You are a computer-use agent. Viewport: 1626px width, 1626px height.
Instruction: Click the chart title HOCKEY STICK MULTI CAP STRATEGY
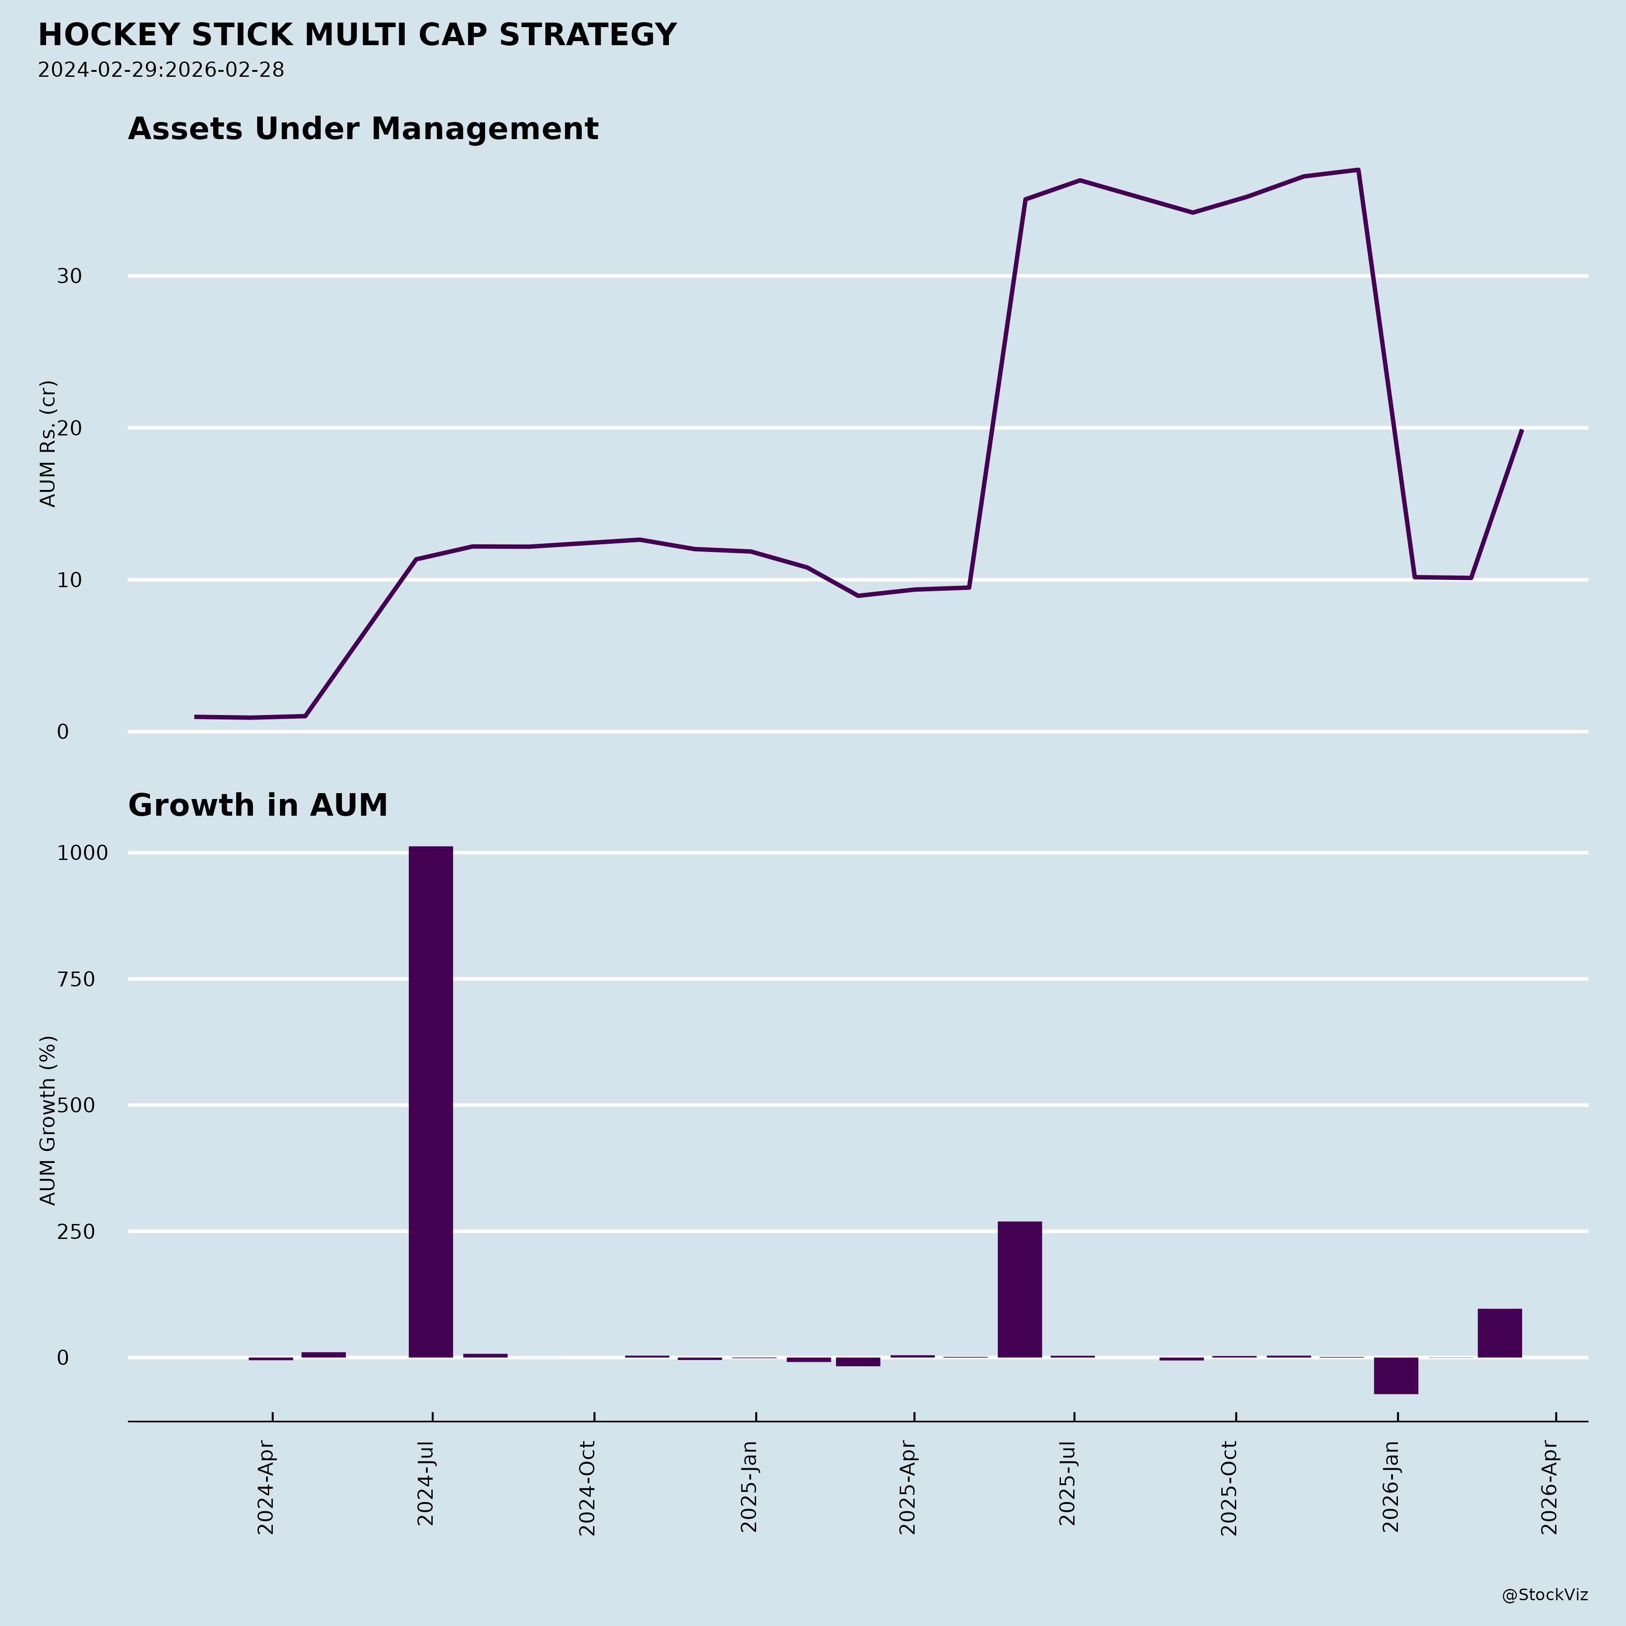357,35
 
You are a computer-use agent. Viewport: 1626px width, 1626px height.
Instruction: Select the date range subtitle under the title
161,70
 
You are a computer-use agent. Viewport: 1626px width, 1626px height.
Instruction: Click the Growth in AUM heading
257,805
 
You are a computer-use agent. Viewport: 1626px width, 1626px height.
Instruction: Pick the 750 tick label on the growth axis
76,980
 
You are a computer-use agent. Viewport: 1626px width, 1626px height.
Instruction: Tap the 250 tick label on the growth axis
76,1232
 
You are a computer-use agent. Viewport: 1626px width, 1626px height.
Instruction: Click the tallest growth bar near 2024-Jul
431,1103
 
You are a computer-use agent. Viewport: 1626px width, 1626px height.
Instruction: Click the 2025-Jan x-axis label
749,1488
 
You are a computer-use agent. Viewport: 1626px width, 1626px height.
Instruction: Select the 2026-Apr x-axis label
1549,1488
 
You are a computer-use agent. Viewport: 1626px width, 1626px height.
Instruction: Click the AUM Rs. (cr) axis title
48,444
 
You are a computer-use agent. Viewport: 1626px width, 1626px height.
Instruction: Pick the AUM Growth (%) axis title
48,1120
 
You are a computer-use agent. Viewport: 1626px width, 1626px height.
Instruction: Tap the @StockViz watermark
1545,1595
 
